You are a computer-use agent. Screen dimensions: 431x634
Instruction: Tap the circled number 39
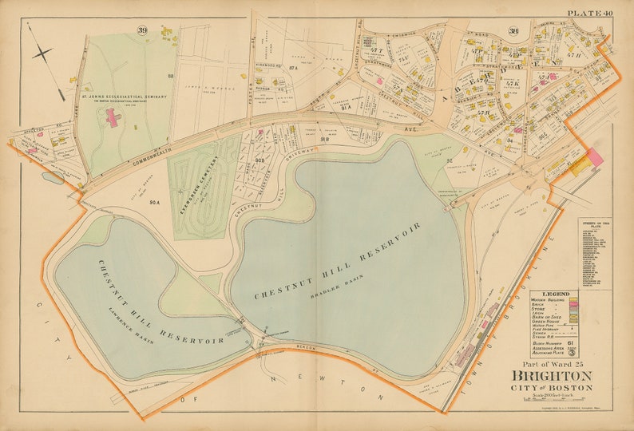click(x=141, y=30)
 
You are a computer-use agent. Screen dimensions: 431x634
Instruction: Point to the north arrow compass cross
click(x=42, y=53)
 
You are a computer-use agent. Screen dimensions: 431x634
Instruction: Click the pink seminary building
click(x=112, y=119)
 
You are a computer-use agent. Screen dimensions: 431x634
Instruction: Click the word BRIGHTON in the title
click(x=553, y=377)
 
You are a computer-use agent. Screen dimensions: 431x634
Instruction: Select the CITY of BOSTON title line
click(x=553, y=388)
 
